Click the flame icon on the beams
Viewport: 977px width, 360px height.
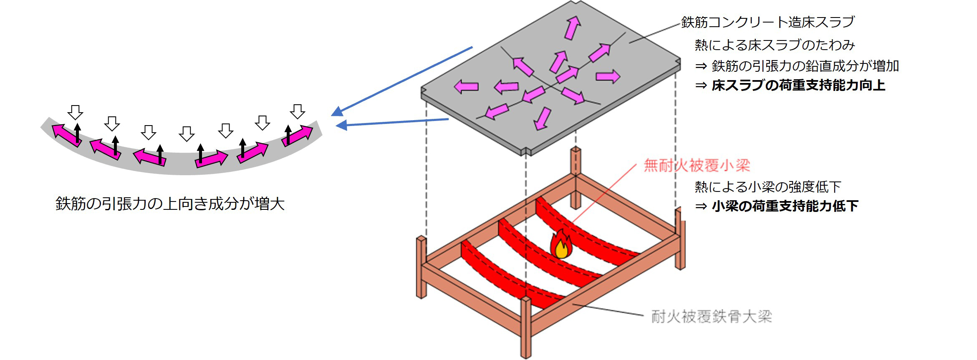tap(561, 244)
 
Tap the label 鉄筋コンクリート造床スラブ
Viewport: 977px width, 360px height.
tap(768, 22)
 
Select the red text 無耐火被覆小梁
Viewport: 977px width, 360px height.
tap(697, 166)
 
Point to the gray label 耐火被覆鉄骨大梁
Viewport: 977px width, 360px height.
tap(712, 317)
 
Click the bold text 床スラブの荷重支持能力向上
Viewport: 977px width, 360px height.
tap(798, 86)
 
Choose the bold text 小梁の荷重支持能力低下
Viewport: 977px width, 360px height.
tap(785, 206)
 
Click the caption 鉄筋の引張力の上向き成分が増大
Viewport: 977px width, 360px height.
tap(170, 204)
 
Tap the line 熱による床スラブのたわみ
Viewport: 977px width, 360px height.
tap(775, 45)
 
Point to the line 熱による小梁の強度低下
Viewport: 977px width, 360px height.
tap(767, 187)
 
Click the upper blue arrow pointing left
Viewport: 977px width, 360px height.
tap(401, 81)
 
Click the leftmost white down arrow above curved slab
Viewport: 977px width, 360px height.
tap(76, 112)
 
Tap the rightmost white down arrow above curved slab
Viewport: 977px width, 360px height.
tap(298, 111)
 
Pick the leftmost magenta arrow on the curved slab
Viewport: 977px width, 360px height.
tap(66, 135)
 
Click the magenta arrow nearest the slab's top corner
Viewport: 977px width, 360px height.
tap(572, 28)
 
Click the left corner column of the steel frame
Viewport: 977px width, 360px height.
tap(422, 267)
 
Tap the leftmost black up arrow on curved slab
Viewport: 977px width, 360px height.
tap(78, 132)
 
